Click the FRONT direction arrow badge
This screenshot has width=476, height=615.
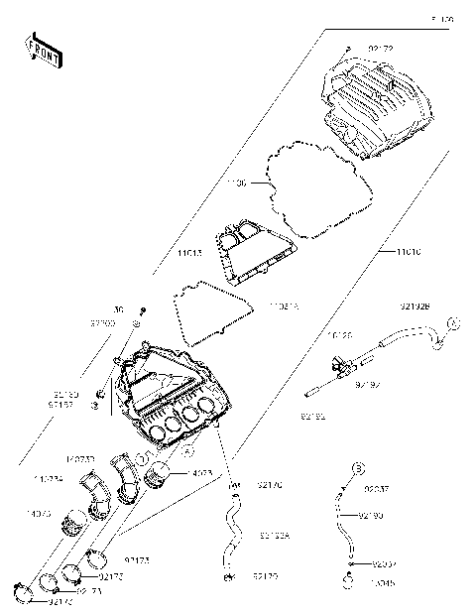coord(43,51)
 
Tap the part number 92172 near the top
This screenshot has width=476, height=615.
coord(380,48)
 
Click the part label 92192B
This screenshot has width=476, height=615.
coord(415,307)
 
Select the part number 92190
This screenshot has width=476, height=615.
coord(371,516)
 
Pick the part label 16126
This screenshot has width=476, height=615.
coord(340,336)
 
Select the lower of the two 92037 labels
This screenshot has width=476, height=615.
coord(385,563)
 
